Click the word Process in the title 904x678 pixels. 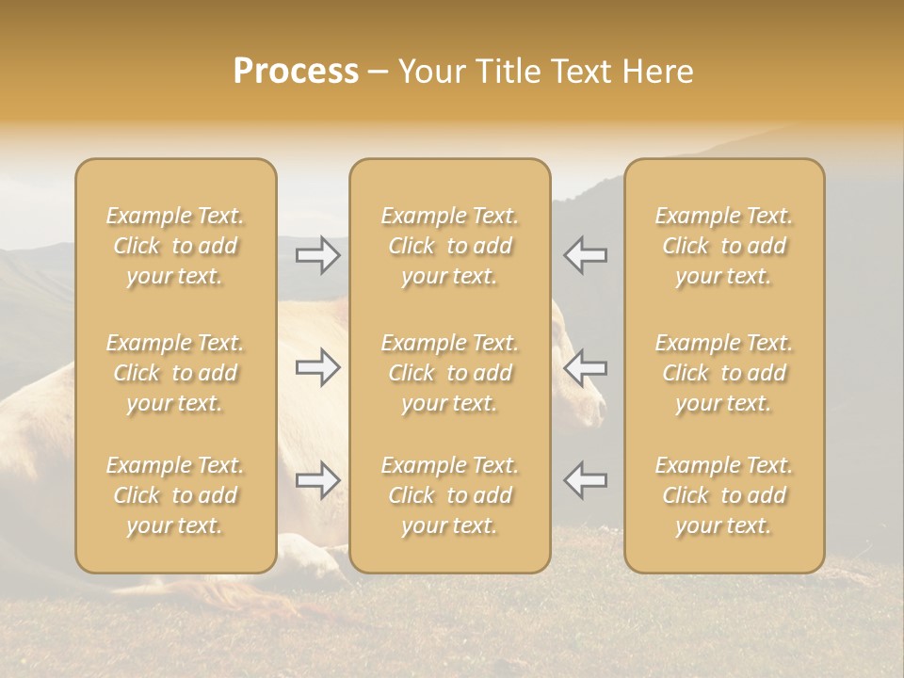296,72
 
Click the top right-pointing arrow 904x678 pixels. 318,254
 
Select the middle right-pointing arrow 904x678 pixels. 318,367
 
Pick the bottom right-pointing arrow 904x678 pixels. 318,480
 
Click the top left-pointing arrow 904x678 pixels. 586,254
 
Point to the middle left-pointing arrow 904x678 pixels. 586,367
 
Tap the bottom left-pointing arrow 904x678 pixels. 586,480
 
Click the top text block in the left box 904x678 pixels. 175,246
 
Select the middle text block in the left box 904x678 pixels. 175,373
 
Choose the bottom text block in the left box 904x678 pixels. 175,495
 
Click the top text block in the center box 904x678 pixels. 450,246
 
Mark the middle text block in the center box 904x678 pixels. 450,373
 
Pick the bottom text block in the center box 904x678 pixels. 450,495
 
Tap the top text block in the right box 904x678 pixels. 724,246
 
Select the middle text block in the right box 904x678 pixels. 724,373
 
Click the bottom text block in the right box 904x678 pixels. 724,495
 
